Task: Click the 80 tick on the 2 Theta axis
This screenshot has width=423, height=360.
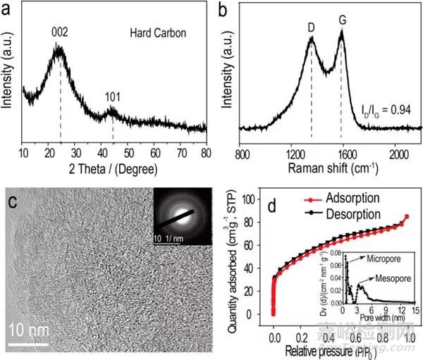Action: [x=205, y=152]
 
